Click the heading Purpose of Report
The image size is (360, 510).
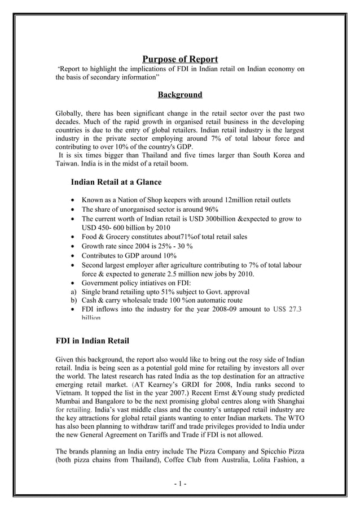tap(179, 59)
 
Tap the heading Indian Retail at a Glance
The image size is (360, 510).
tap(116, 182)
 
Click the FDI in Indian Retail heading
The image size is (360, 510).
tap(93, 341)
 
